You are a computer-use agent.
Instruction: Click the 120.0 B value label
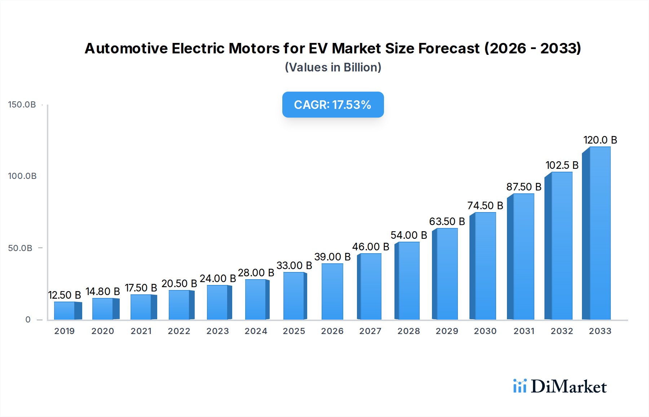pyautogui.click(x=600, y=140)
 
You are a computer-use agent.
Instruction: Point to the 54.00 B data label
pyautogui.click(x=409, y=235)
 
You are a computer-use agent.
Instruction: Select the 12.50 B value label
pyautogui.click(x=65, y=295)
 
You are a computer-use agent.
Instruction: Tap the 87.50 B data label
pyautogui.click(x=524, y=187)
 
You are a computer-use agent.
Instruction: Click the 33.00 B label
pyautogui.click(x=294, y=265)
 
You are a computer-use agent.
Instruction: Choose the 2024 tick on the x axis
pyautogui.click(x=256, y=331)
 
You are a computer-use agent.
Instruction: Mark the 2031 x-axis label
pyautogui.click(x=524, y=331)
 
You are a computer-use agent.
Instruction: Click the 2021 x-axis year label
pyautogui.click(x=141, y=331)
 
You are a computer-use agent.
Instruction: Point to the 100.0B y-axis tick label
pyautogui.click(x=22, y=176)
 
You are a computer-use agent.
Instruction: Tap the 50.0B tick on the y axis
pyautogui.click(x=20, y=248)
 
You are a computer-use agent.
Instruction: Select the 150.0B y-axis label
pyautogui.click(x=22, y=105)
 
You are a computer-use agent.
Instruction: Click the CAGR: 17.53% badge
pyautogui.click(x=333, y=105)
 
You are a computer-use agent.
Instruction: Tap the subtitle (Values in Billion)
pyautogui.click(x=333, y=67)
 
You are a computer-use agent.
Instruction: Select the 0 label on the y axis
pyautogui.click(x=28, y=320)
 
